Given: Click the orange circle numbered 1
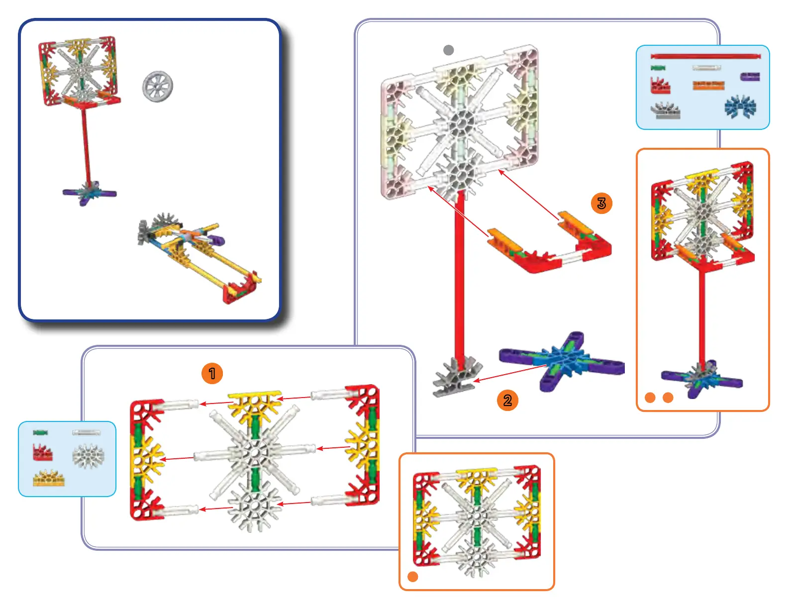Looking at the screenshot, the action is pos(212,373).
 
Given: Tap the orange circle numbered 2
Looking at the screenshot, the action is pos(507,400).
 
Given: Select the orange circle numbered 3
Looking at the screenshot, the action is pos(601,203).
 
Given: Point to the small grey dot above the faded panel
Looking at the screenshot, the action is pos(448,50).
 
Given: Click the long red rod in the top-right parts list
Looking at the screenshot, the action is pos(706,56).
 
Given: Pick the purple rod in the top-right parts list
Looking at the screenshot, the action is pos(750,77).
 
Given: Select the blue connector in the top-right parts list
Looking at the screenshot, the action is pos(740,107).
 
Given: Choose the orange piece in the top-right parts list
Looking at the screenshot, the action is pos(708,86).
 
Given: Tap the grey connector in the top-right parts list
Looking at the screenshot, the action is pos(666,110).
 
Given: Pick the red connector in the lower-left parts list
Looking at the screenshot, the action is pos(43,452).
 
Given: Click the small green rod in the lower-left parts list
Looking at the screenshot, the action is pos(40,432).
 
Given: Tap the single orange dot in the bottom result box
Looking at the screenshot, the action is pos(412,576).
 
